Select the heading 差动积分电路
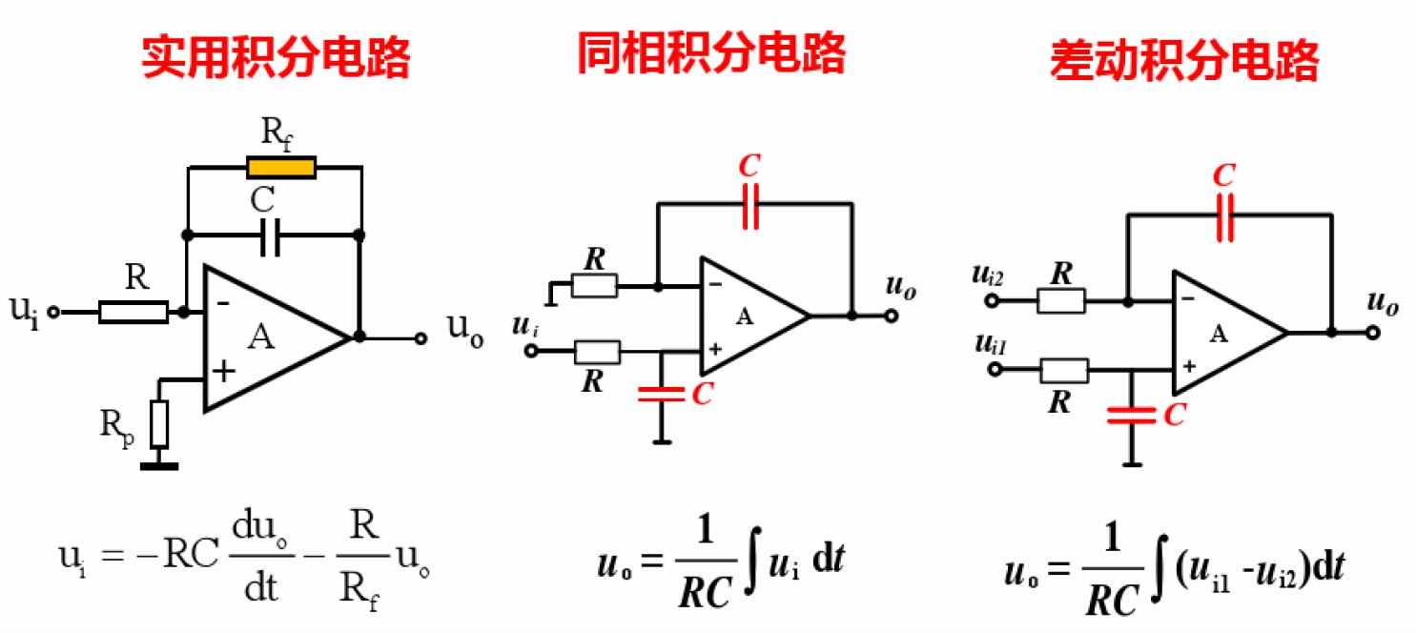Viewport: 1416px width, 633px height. click(1184, 62)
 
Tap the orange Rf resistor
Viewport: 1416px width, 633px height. click(280, 168)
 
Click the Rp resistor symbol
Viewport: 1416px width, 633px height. click(160, 425)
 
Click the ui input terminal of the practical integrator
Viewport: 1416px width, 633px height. click(54, 312)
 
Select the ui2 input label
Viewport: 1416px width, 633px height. click(989, 276)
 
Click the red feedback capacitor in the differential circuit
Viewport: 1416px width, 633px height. click(1226, 215)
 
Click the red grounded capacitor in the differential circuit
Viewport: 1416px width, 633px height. click(1132, 415)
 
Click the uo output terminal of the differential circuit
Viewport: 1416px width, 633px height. click(1372, 333)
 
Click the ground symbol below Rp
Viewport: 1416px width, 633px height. click(159, 465)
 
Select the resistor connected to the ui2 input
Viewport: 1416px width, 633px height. click(1060, 301)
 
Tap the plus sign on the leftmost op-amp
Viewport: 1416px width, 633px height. click(222, 372)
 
